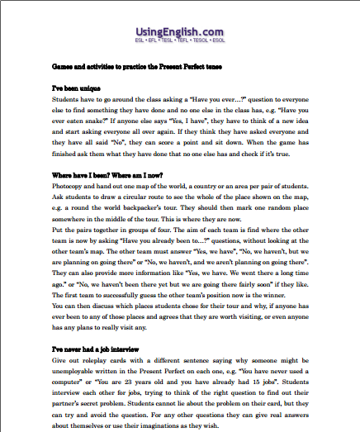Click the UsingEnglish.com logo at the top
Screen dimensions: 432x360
pos(179,31)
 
